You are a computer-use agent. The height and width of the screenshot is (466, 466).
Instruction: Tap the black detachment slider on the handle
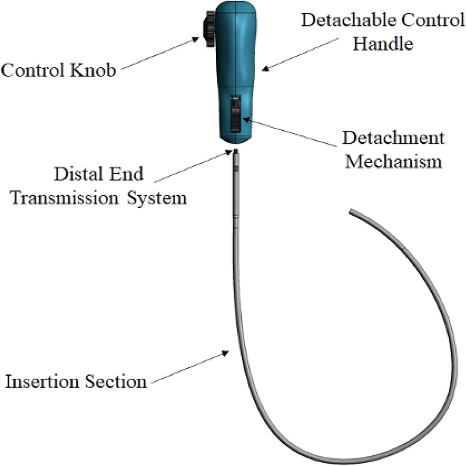point(235,113)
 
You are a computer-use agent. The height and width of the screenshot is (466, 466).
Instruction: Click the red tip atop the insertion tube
point(236,152)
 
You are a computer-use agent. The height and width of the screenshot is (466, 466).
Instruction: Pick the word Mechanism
point(394,162)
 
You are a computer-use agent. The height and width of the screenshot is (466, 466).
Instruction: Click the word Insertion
point(39,382)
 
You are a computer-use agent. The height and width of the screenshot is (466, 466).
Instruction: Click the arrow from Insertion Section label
point(190,368)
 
